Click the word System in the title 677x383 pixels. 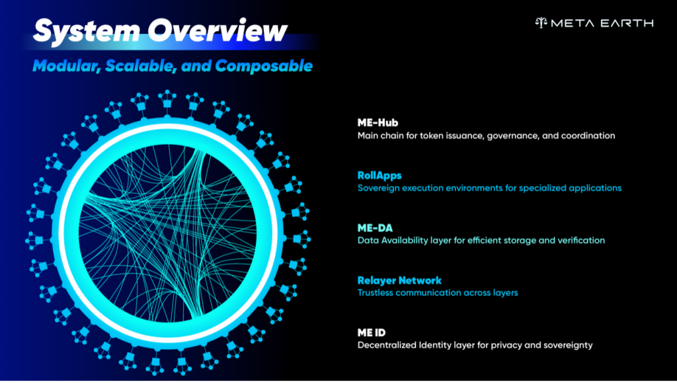[x=87, y=30]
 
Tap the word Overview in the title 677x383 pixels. [x=217, y=30]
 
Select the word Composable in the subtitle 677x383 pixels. [x=264, y=66]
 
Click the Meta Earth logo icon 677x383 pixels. [x=541, y=23]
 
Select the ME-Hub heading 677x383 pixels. [x=378, y=122]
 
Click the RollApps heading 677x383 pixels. [x=379, y=176]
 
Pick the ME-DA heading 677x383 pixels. [x=375, y=228]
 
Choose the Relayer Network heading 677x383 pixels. [x=399, y=280]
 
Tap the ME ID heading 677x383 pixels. [x=372, y=333]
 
